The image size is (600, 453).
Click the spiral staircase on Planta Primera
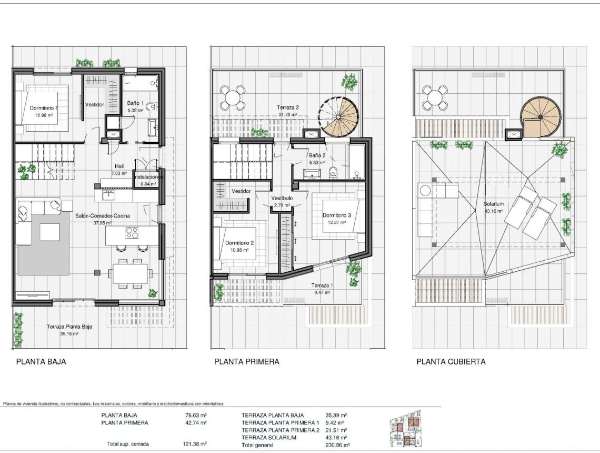(x=339, y=116)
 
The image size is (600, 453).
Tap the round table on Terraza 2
(x=232, y=97)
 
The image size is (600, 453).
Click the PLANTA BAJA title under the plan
(x=41, y=362)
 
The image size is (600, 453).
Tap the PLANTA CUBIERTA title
(x=451, y=362)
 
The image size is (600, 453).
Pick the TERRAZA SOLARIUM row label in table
(x=268, y=438)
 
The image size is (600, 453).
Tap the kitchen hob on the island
(x=132, y=232)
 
